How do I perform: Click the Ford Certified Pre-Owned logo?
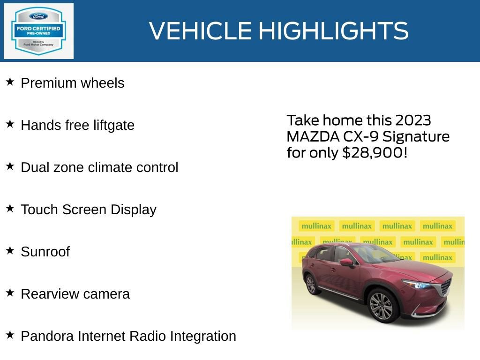coord(38,31)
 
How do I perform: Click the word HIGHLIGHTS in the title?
coord(333,31)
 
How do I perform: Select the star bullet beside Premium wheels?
coord(10,82)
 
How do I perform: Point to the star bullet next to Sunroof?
coord(10,251)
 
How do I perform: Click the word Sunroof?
coord(45,252)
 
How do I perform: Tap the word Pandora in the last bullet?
coord(47,336)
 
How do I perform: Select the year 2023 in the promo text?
coord(412,120)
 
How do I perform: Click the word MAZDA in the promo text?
coord(309,137)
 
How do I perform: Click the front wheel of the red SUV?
coord(381,306)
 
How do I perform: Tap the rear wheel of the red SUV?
coord(311,284)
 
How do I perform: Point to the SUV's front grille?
coord(445,287)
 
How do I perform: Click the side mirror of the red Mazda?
coord(346,262)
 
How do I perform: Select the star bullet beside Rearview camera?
coord(10,293)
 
